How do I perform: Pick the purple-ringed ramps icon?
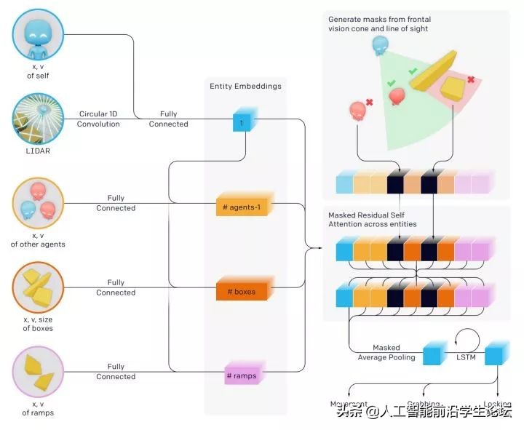(39, 372)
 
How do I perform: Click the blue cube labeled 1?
(242, 122)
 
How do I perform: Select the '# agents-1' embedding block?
(244, 207)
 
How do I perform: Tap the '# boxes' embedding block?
(244, 291)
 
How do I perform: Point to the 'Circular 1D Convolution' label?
(99, 119)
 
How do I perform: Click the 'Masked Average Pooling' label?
(386, 352)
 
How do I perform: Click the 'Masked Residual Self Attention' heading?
(373, 220)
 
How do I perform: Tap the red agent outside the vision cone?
(358, 111)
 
